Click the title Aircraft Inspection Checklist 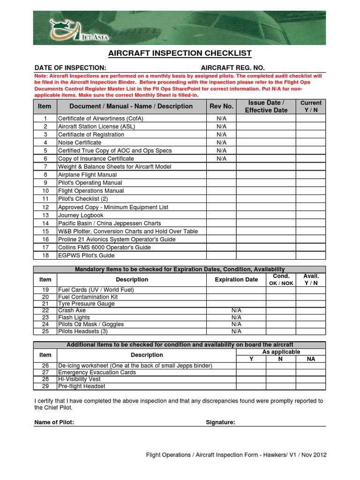180,53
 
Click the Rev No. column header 221,106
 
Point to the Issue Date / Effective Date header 266,106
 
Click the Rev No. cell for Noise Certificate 221,142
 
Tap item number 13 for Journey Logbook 45,215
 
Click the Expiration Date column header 236,280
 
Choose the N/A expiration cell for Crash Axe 236,310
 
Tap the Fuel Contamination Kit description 88,297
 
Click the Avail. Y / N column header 311,280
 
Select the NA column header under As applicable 311,359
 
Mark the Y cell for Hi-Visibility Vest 251,379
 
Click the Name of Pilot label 54,422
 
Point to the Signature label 220,422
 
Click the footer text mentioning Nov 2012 236,455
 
